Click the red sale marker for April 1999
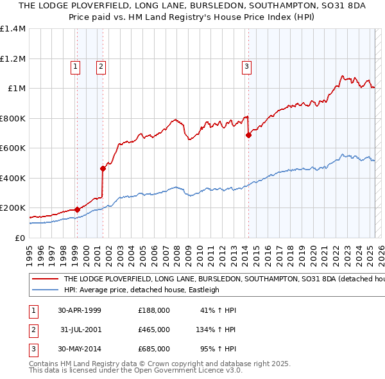click(x=77, y=209)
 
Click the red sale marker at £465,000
click(x=103, y=168)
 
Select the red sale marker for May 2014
click(x=248, y=135)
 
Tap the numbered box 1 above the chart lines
click(x=76, y=65)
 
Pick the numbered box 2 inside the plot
click(x=101, y=65)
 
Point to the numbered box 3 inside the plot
click(x=246, y=65)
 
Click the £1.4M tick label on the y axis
click(x=13, y=29)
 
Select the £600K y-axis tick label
click(x=13, y=148)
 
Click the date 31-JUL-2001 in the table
click(x=80, y=330)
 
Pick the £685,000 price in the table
click(x=154, y=349)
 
